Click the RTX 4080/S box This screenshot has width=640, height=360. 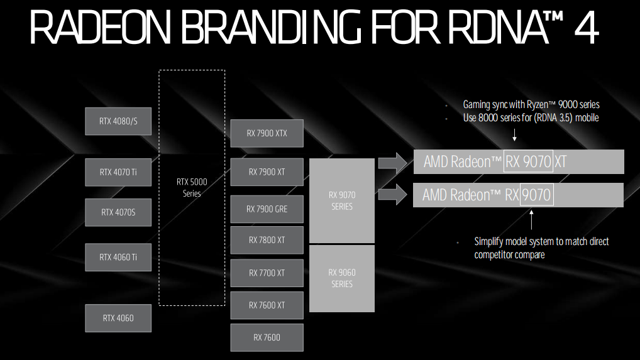[118, 121]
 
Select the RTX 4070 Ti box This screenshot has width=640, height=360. [118, 172]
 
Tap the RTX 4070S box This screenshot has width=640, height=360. [118, 212]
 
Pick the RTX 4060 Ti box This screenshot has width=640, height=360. [118, 257]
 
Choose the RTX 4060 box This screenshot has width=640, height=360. [118, 318]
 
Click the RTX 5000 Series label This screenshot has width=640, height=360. [192, 187]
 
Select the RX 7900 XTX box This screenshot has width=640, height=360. [267, 133]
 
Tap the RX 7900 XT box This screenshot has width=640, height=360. [267, 172]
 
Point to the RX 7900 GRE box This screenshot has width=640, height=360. [267, 209]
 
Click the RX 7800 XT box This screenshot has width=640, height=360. [267, 240]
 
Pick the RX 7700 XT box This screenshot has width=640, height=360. [267, 273]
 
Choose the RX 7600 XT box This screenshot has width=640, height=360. [267, 305]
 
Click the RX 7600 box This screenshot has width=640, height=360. [267, 337]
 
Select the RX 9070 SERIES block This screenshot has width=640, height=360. [342, 200]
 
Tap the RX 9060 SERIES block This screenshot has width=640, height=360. [342, 278]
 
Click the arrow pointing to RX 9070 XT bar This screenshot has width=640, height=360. [394, 163]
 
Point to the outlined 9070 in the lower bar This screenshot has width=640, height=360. [536, 195]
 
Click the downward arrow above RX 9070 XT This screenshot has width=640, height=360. [514, 135]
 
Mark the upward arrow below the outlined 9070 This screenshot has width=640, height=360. [532, 221]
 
